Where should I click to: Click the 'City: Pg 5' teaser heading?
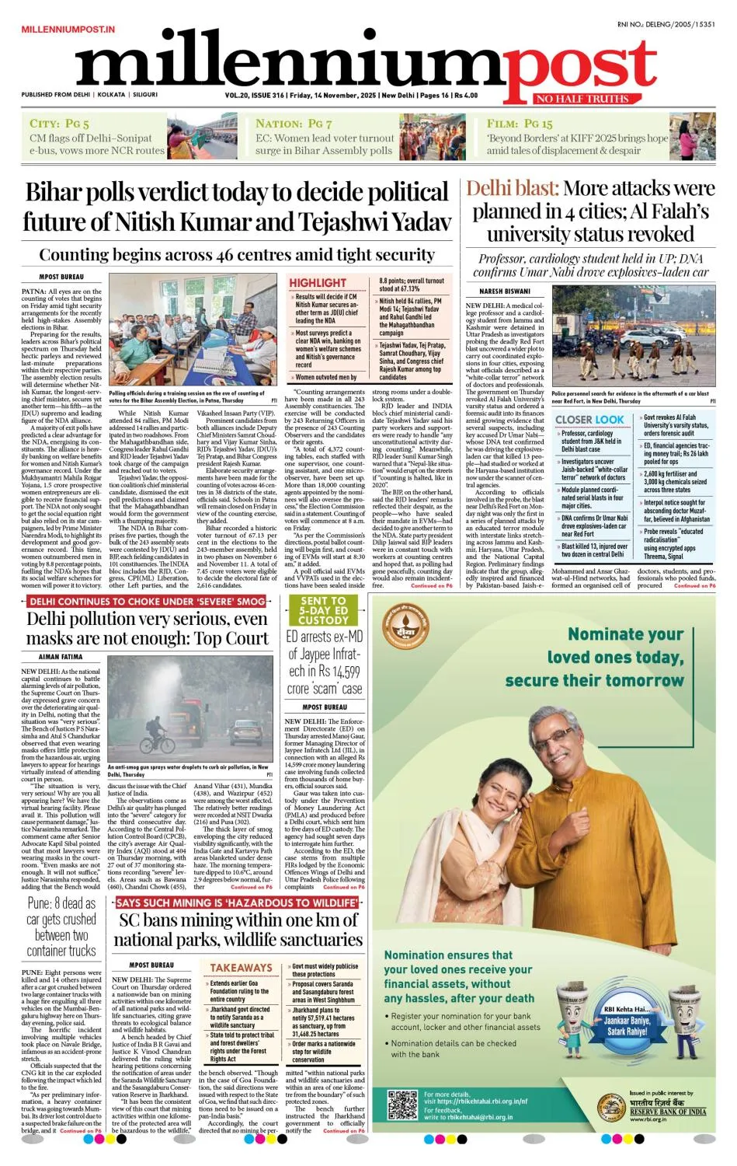click(59, 124)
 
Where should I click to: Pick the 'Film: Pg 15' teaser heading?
click(520, 124)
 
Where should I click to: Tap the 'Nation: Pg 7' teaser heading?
click(294, 124)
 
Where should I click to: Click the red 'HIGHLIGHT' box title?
click(318, 282)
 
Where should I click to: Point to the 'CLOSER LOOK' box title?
click(589, 420)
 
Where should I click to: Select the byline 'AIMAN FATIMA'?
click(61, 657)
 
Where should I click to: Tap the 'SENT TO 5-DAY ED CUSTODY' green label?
click(324, 611)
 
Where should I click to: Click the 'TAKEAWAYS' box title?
click(241, 968)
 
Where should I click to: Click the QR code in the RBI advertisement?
click(402, 1105)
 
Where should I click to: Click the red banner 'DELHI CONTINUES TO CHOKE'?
click(148, 602)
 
